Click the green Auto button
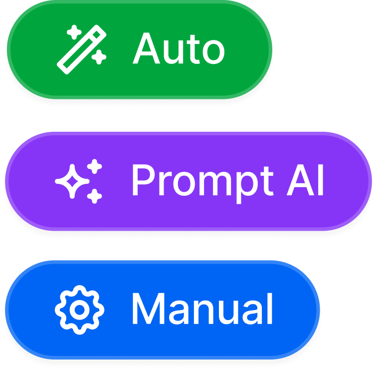coord(140,49)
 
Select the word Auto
coord(179,49)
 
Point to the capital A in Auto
coord(146,49)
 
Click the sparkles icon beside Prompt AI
coord(80,181)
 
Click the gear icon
coord(79,310)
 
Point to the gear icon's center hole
coord(79,310)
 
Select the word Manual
coord(202,310)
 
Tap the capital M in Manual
coord(146,310)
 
